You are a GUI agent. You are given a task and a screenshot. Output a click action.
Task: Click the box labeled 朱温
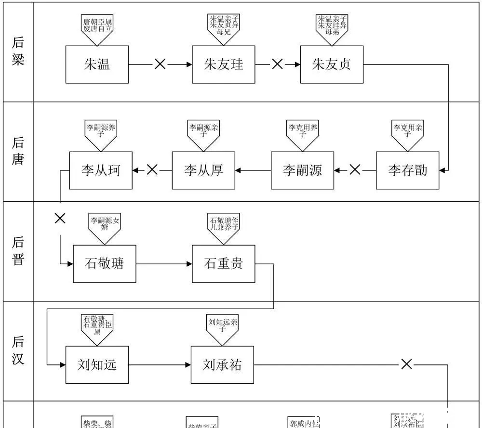[97, 65]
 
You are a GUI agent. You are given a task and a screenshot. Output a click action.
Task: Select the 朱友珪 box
[223, 65]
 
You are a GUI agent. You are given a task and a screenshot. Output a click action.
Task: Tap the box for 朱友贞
[332, 65]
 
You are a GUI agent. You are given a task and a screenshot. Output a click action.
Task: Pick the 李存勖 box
[407, 170]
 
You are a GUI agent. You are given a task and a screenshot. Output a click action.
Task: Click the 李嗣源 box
[302, 170]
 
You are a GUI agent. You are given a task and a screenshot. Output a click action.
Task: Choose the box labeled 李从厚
[203, 170]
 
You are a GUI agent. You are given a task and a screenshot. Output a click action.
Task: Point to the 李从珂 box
[101, 170]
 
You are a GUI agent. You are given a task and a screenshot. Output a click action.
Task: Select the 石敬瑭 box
[104, 263]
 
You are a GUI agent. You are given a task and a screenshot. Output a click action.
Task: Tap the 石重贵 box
[223, 263]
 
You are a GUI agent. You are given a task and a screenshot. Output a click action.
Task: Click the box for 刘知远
[97, 364]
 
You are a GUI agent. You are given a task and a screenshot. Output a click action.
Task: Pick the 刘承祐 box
[222, 364]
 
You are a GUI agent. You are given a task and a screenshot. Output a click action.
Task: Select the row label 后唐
[18, 151]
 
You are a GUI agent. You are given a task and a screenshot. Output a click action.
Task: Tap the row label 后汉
[18, 350]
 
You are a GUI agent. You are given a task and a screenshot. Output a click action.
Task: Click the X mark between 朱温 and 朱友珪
[160, 64]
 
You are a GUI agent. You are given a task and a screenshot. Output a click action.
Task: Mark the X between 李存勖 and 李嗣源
[355, 169]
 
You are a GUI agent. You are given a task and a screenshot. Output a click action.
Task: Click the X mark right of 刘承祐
[407, 364]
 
